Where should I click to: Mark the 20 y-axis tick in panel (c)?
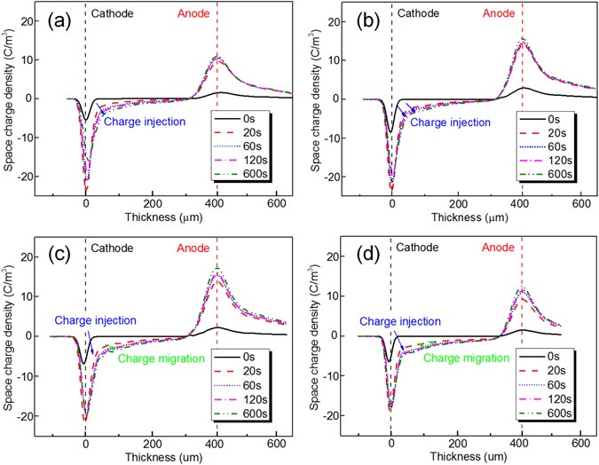[x=37, y=256]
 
